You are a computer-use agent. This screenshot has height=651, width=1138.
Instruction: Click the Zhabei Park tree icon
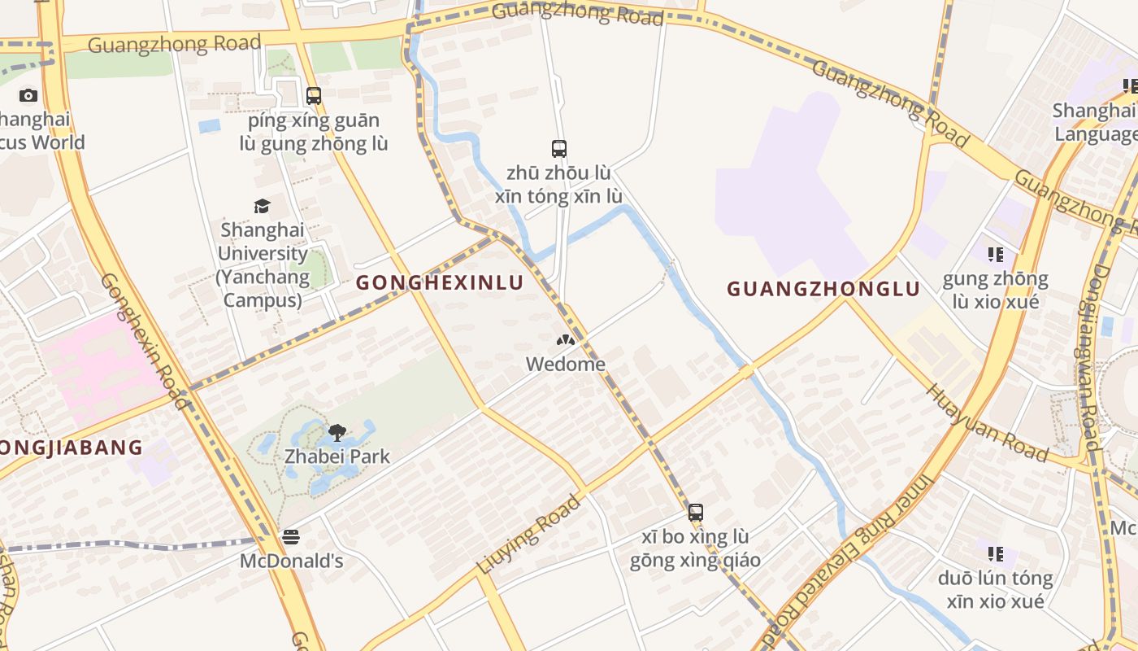337,432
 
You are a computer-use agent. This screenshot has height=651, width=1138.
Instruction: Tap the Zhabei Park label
337,457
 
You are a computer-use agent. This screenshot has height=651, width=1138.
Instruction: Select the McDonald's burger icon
291,537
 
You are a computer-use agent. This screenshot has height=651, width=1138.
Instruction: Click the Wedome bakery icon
566,340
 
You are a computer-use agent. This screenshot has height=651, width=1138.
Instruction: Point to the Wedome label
566,364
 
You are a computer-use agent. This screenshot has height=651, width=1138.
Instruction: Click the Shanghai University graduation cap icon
262,206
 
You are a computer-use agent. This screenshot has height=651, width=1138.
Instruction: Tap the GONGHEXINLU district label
440,282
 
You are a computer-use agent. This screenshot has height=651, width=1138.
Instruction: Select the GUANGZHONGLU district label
823,289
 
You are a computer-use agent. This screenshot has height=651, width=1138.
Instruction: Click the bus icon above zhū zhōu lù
559,148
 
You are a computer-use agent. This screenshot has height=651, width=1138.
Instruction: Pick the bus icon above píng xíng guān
314,95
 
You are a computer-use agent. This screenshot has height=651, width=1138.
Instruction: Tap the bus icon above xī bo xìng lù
695,513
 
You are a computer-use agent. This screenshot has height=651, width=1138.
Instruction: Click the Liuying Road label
529,534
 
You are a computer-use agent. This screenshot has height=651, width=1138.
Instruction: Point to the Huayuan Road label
987,422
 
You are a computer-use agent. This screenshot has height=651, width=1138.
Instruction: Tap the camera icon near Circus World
28,95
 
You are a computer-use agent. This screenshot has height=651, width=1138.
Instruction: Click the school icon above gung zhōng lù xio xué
996,255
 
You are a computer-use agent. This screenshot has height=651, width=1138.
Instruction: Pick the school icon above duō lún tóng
996,554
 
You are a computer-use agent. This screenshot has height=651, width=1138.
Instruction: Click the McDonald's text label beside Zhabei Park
291,561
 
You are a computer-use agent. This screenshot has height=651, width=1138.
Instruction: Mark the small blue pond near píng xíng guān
209,126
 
